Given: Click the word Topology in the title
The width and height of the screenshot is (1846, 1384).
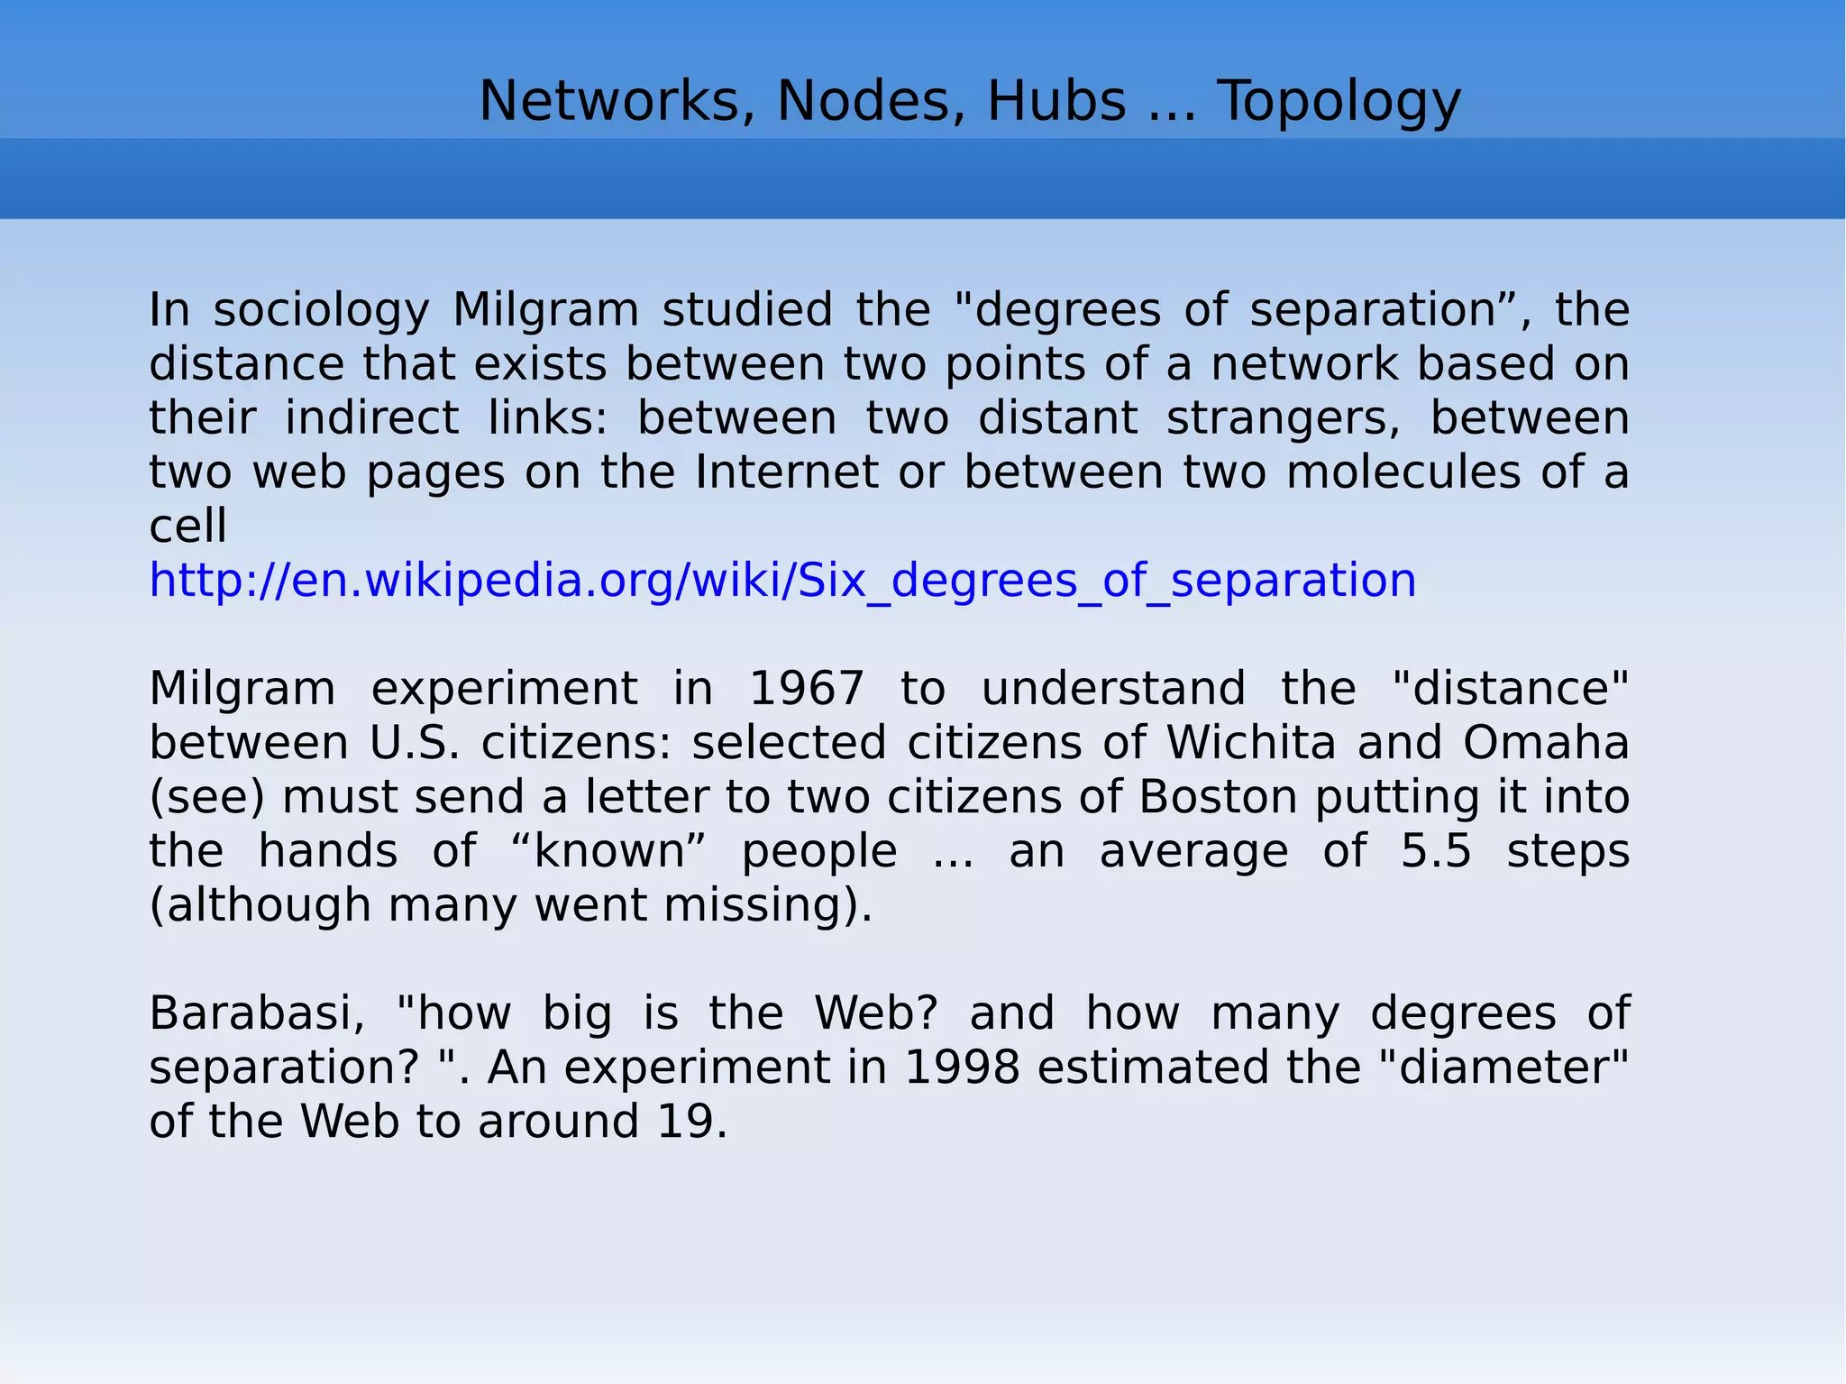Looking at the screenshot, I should click(1339, 101).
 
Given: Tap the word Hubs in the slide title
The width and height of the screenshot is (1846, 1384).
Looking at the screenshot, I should click(1056, 101).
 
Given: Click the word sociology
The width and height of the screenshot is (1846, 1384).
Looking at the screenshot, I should click(321, 310).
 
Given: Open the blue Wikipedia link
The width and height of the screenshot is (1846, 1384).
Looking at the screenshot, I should click(782, 580).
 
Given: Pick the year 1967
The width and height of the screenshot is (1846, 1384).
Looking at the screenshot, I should click(807, 689).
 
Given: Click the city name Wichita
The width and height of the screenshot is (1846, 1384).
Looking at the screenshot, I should click(1251, 743).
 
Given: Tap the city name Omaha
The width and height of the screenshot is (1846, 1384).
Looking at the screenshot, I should click(1546, 743).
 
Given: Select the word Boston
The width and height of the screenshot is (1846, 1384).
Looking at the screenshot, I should click(1219, 797).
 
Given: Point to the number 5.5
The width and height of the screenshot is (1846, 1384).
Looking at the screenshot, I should click(1436, 851).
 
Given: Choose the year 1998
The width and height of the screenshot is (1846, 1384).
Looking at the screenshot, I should click(962, 1068).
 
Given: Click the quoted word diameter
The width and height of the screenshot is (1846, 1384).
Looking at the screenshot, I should click(1504, 1068).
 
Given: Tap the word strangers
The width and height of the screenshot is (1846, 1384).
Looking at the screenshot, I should click(1284, 418).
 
